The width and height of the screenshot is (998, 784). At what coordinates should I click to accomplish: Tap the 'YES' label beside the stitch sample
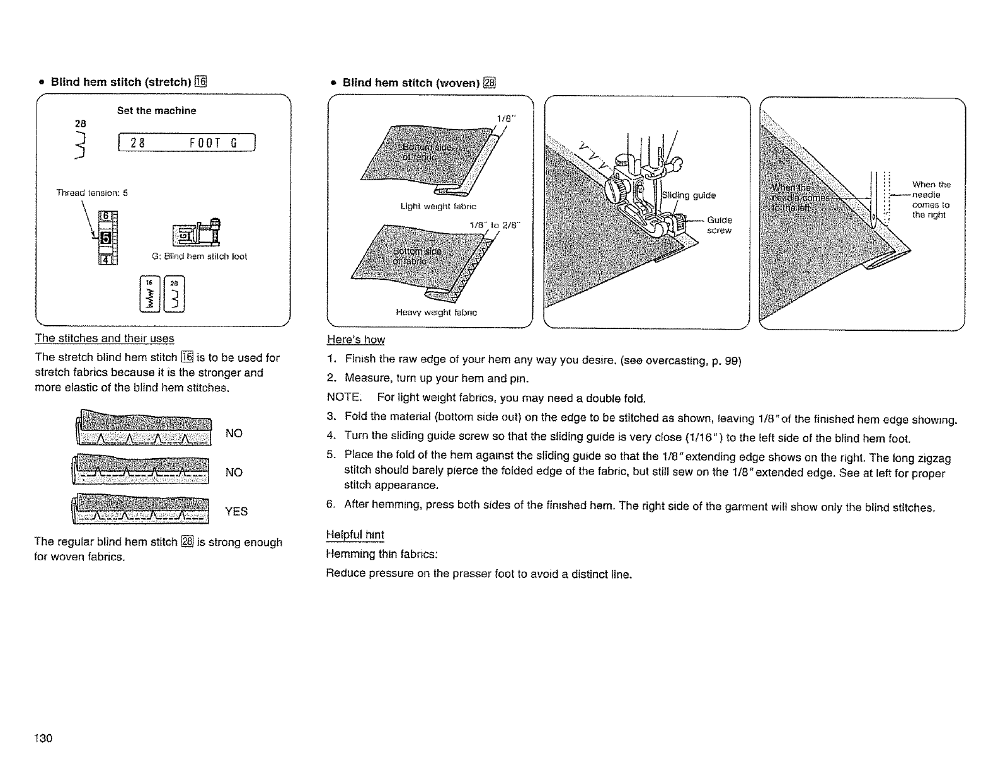tap(236, 512)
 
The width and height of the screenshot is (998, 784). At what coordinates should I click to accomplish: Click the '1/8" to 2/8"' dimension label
tap(493, 224)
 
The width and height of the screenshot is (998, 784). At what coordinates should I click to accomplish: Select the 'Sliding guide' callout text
tap(689, 195)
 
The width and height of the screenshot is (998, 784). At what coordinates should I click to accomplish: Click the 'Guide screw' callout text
tap(720, 226)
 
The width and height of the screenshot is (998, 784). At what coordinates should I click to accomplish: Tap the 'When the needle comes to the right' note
tap(931, 200)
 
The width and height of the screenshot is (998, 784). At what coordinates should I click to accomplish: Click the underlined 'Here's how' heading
tap(356, 340)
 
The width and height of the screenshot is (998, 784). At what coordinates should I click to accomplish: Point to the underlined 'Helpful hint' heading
tap(355, 535)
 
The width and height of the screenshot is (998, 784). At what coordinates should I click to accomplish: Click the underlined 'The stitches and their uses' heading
tap(105, 338)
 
